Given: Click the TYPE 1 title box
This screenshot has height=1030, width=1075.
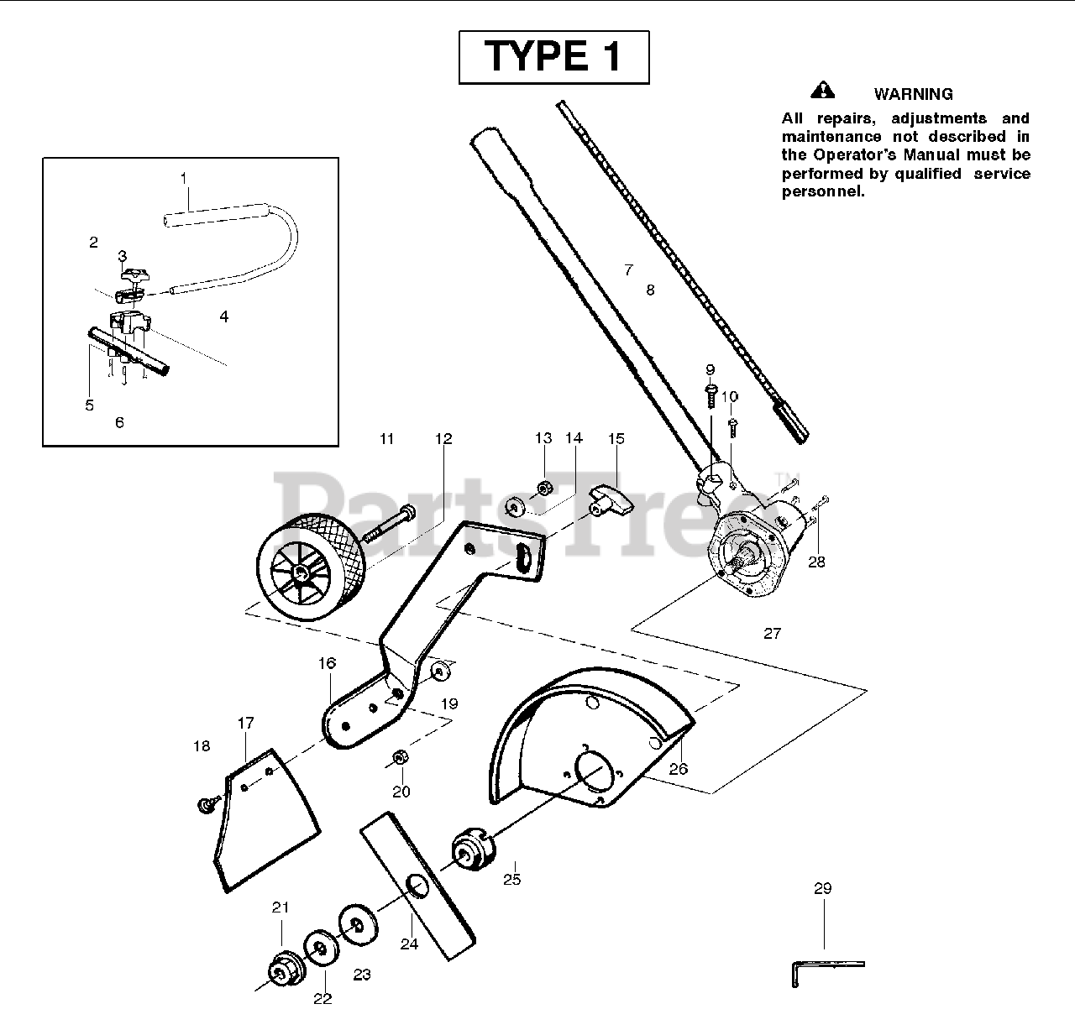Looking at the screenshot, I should pyautogui.click(x=553, y=57).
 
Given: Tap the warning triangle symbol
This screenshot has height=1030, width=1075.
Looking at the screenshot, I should pyautogui.click(x=823, y=90).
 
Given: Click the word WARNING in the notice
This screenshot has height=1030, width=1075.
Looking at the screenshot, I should pyautogui.click(x=913, y=94).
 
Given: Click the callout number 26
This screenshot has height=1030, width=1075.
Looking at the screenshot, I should pyautogui.click(x=678, y=768).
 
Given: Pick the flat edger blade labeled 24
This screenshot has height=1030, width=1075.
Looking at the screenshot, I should pyautogui.click(x=417, y=885).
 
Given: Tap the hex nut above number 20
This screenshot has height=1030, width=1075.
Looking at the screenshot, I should pyautogui.click(x=401, y=757).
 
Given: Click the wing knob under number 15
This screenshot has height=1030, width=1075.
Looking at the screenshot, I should pyautogui.click(x=612, y=500).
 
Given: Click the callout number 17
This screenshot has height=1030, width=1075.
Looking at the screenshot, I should pyautogui.click(x=245, y=723).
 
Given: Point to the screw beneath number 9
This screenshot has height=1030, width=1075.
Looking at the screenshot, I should pyautogui.click(x=711, y=393).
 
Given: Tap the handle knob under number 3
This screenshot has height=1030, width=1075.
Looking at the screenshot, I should pyautogui.click(x=133, y=274).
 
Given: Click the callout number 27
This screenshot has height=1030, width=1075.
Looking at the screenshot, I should pyautogui.click(x=772, y=634).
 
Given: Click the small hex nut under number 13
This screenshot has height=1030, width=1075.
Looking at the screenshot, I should pyautogui.click(x=543, y=486).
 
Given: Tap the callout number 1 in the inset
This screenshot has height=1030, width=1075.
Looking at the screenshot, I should pyautogui.click(x=184, y=178).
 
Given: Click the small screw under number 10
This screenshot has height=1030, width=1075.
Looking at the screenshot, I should pyautogui.click(x=732, y=426).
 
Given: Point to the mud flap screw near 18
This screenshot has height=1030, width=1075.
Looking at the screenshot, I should pyautogui.click(x=204, y=804).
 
